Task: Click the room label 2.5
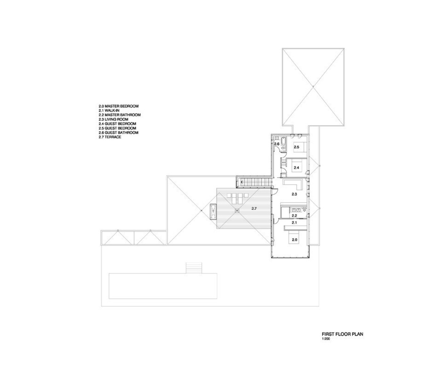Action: click(296, 147)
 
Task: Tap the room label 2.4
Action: click(296, 168)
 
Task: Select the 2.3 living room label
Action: click(295, 195)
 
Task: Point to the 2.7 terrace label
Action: click(254, 209)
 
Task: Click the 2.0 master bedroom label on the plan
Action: click(294, 240)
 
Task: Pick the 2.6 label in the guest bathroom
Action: click(277, 144)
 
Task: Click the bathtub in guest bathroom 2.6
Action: click(276, 138)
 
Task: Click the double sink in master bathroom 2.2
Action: click(296, 210)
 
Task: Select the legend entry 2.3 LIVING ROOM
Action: click(114, 119)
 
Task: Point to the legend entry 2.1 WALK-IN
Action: click(109, 111)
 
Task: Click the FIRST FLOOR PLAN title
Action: click(342, 334)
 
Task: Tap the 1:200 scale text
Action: click(326, 339)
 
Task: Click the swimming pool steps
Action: click(191, 268)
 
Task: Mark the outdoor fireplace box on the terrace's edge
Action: click(212, 211)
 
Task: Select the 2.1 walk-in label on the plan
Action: click(295, 222)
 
